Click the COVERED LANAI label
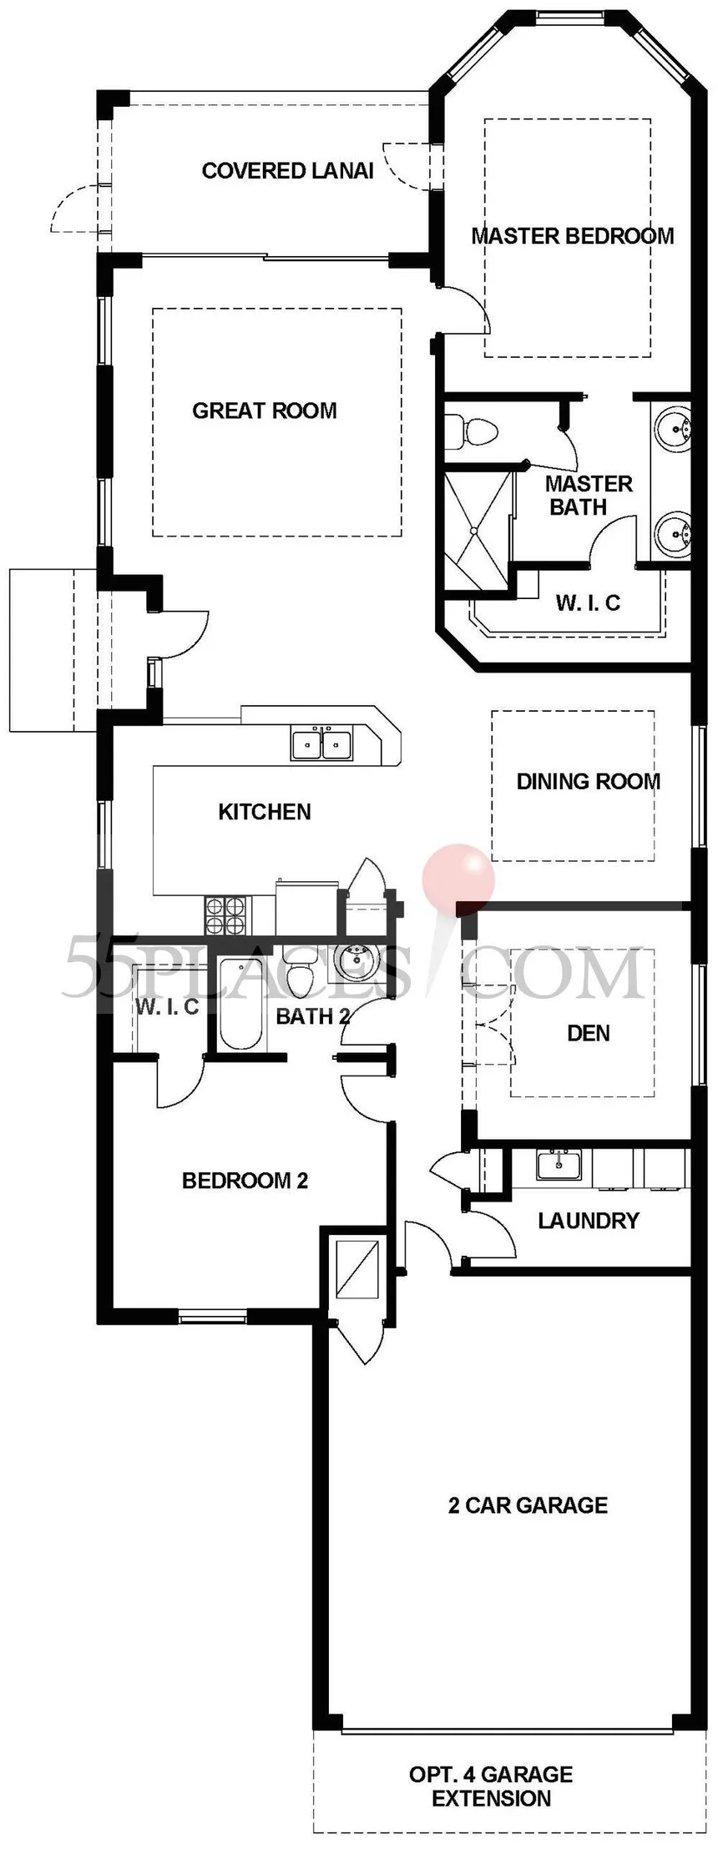(x=287, y=171)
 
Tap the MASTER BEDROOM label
(x=573, y=236)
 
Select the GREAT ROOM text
(x=265, y=411)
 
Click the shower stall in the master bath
(x=475, y=532)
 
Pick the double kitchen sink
(x=322, y=743)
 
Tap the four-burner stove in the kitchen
(x=225, y=914)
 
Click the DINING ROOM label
(x=589, y=782)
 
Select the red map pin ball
(x=458, y=879)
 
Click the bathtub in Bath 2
(x=241, y=1004)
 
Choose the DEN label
(x=589, y=1034)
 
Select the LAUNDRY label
(x=589, y=1221)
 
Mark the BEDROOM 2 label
(x=245, y=1181)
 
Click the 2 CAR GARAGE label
(x=528, y=1505)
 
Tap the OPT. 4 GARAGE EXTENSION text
(x=491, y=1786)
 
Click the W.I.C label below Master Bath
(x=588, y=602)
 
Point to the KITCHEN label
(x=265, y=812)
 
